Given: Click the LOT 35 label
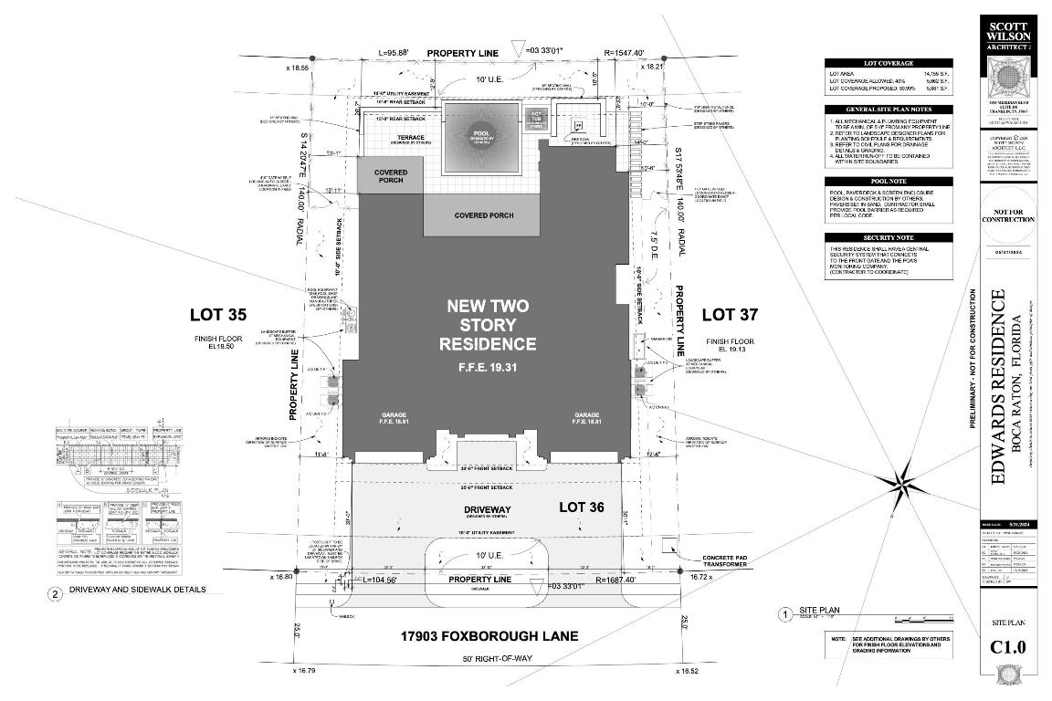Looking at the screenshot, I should point(217,316).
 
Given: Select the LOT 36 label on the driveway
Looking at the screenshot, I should point(586,505).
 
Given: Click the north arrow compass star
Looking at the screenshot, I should point(904,480).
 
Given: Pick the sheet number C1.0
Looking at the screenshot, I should point(1008,648).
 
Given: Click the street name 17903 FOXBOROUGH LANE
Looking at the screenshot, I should point(489,636).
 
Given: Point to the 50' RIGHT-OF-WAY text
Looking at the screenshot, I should point(490,659).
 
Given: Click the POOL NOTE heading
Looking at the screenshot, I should point(889,182).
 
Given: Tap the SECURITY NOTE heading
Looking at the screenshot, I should point(889,237).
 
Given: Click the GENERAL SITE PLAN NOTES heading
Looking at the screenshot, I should point(889,109).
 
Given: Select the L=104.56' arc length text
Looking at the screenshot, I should point(387,581).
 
